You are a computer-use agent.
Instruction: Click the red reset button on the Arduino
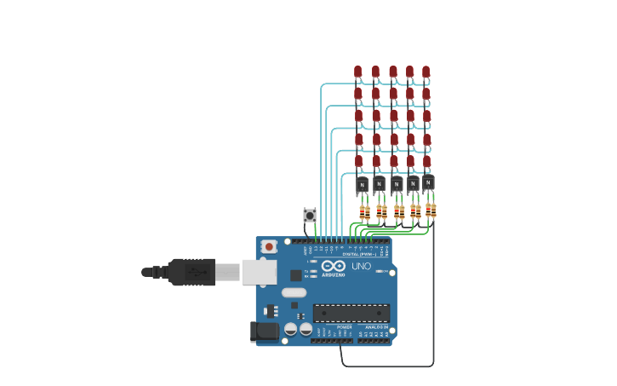pyautogui.click(x=269, y=246)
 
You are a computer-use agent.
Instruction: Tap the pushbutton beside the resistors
pyautogui.click(x=310, y=215)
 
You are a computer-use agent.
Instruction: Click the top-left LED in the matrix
pyautogui.click(x=358, y=72)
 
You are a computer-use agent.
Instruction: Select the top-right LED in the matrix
pyautogui.click(x=426, y=72)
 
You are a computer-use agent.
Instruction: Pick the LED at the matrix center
pyautogui.click(x=393, y=116)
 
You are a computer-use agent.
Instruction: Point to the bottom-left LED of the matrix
pyautogui.click(x=359, y=161)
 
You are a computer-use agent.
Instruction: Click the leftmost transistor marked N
pyautogui.click(x=362, y=184)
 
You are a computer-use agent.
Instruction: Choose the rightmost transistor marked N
pyautogui.click(x=428, y=182)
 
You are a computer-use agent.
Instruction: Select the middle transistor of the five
pyautogui.click(x=396, y=184)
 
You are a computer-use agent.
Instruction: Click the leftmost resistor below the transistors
pyautogui.click(x=362, y=212)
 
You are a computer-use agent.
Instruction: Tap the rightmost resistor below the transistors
pyautogui.click(x=433, y=210)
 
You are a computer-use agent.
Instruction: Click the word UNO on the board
pyautogui.click(x=362, y=266)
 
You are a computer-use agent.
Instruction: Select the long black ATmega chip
pyautogui.click(x=351, y=313)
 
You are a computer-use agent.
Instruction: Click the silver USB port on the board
pyautogui.click(x=259, y=272)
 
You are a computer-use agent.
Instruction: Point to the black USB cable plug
pyautogui.click(x=191, y=272)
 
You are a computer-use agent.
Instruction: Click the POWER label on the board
pyautogui.click(x=345, y=326)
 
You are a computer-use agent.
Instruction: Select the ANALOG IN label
pyautogui.click(x=376, y=326)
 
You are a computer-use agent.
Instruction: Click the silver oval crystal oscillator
pyautogui.click(x=294, y=292)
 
